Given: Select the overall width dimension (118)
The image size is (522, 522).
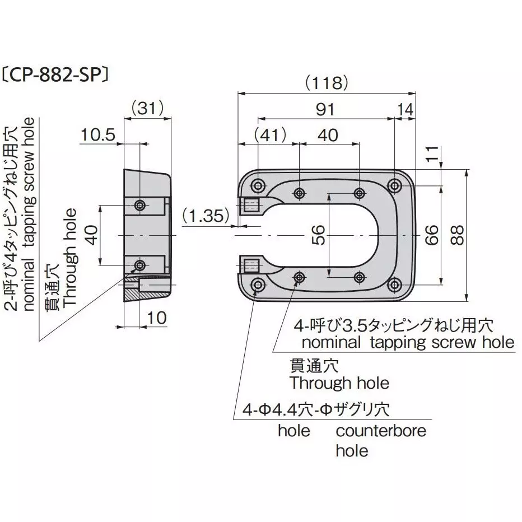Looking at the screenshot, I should click(326, 83).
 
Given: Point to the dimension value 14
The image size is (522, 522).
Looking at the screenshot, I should click(406, 109).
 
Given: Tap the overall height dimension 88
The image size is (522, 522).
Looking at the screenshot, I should click(456, 236).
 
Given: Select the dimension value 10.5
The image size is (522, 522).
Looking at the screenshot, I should click(97, 134).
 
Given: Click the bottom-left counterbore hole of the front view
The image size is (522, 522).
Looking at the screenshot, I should click(258, 285).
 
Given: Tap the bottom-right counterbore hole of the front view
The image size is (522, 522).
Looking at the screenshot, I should click(395, 285).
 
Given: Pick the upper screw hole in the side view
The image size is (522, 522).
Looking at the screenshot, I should click(139, 205).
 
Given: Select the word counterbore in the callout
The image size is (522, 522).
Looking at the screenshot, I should click(380, 431).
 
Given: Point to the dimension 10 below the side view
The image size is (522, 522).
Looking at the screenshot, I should click(158, 319).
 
